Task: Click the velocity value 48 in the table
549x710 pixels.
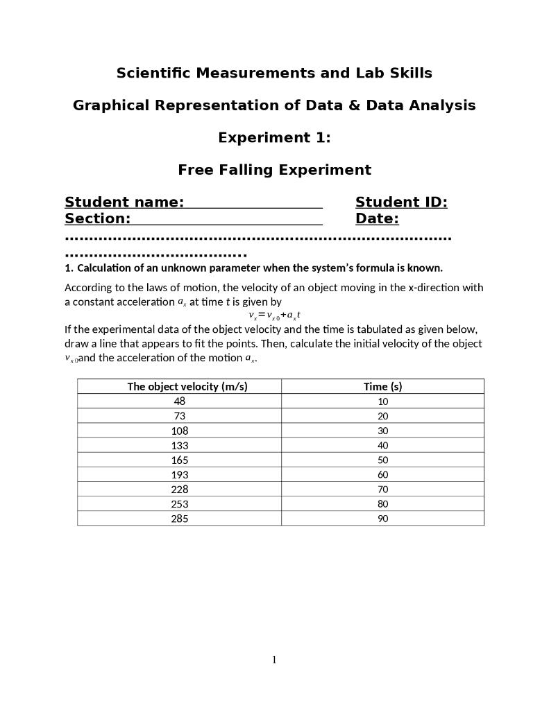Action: pos(179,401)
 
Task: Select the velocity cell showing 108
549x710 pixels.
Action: pos(179,431)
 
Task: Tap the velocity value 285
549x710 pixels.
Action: pos(179,519)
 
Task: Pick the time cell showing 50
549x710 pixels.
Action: pos(382,460)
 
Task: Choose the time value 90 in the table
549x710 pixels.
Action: pos(382,519)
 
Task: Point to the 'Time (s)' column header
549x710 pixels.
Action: pos(382,386)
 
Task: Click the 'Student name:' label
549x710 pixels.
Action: pos(124,202)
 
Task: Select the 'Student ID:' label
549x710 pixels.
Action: pos(401,202)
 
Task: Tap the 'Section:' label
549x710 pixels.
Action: pos(98,219)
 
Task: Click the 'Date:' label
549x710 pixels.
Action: pos(377,219)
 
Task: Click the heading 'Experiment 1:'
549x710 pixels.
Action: pos(274,138)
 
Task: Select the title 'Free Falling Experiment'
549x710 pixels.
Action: pos(274,170)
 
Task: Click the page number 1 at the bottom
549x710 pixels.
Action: pos(274,659)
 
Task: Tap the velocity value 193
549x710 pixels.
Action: pos(179,475)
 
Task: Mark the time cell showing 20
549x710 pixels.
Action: pos(382,416)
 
